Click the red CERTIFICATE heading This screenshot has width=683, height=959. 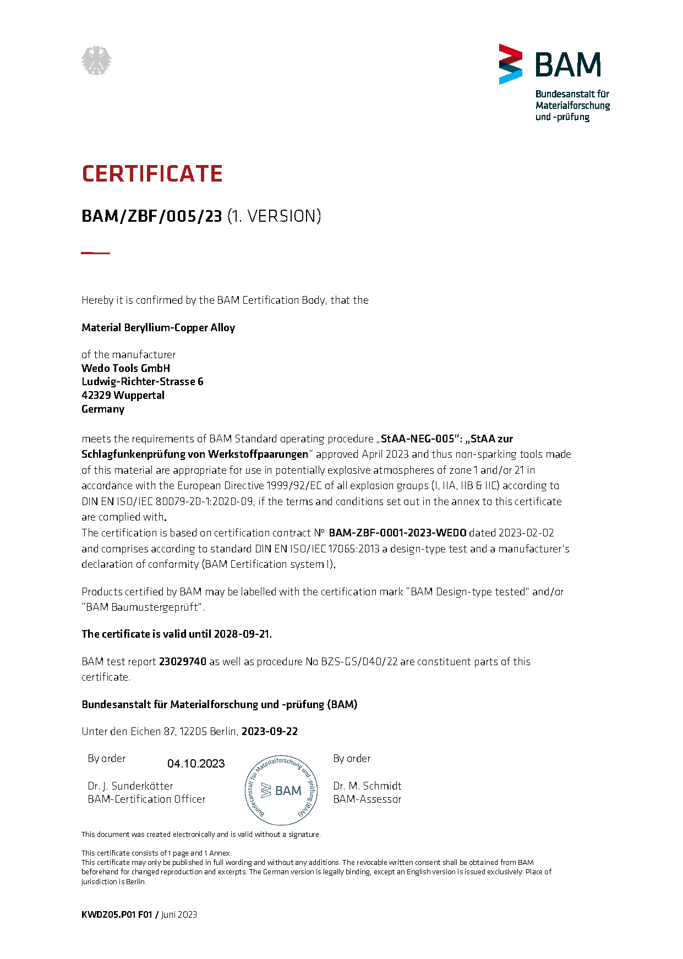point(152,174)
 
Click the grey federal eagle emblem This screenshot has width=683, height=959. point(96,61)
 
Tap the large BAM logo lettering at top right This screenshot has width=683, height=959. point(567,65)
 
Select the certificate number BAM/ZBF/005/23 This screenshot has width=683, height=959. point(151,216)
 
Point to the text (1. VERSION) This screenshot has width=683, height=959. point(274,216)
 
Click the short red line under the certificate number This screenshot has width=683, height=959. point(95,253)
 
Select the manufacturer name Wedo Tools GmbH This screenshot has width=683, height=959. point(125,368)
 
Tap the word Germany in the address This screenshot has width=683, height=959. point(103,409)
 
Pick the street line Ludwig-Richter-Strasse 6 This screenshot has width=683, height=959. point(142,381)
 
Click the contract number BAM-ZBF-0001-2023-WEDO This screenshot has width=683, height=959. point(397,533)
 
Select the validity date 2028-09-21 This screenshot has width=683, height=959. point(242,634)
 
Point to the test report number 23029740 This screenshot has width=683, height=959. point(182,661)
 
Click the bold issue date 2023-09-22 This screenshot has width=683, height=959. point(270,731)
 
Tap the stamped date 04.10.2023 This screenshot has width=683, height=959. point(196,764)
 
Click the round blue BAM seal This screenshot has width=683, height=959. point(281,790)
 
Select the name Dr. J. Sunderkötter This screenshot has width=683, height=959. point(130,786)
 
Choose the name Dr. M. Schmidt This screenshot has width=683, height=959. point(367,786)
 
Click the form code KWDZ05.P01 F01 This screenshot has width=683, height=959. point(117,914)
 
